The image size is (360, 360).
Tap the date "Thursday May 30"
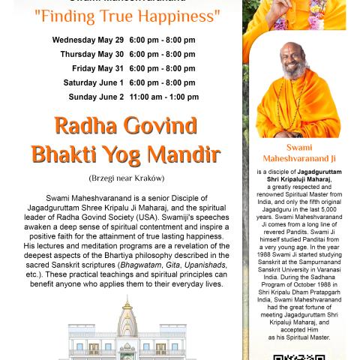pos(91,54)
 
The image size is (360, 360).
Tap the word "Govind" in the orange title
pos(150,125)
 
